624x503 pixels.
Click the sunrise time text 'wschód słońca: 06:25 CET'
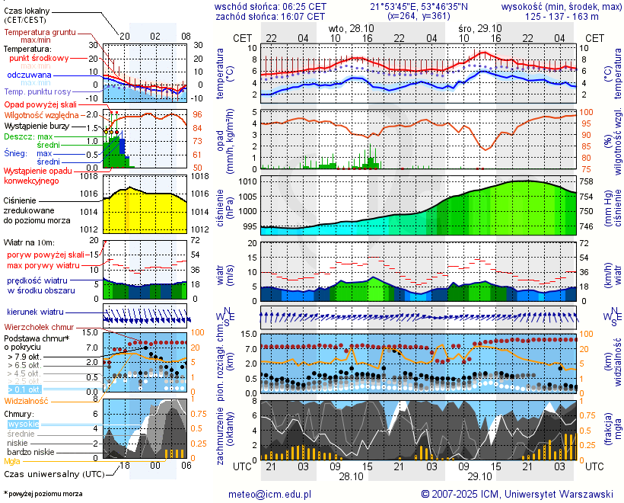tap(271, 6)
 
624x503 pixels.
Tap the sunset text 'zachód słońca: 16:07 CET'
tap(271, 15)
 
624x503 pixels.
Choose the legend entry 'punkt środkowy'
tap(39, 58)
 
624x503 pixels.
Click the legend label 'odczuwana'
tap(29, 75)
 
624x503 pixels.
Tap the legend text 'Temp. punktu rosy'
tap(38, 92)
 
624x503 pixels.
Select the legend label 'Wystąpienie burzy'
tap(39, 125)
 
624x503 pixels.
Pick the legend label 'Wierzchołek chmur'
tap(39, 327)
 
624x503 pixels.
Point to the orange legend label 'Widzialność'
tap(27, 400)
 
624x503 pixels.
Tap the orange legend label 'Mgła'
tap(12, 461)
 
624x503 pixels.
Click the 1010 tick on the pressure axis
tap(247, 182)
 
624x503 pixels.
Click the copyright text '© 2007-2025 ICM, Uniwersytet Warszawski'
tap(517, 494)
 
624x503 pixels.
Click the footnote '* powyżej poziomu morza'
tap(43, 494)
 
